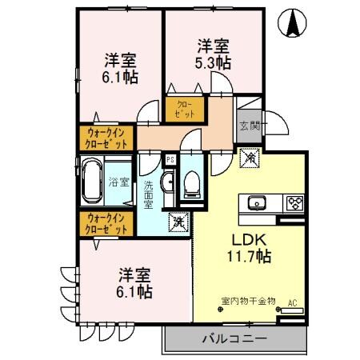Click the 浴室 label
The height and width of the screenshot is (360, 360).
[x=119, y=182]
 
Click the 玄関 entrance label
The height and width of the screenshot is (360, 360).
[x=249, y=125]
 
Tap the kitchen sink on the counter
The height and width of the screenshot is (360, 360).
[x=258, y=202]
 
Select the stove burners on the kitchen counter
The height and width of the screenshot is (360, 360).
[x=294, y=202]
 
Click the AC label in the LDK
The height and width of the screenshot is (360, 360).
[x=292, y=302]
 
